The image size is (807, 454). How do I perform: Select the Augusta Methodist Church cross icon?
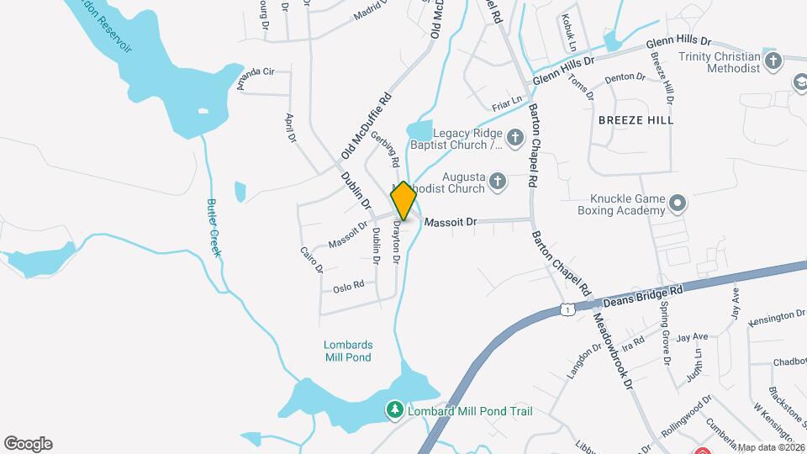pos(498,181)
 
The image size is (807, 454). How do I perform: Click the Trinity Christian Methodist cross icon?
pos(773,61)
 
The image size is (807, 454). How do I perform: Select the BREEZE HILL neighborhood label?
pos(636,121)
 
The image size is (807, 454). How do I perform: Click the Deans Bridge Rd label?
pos(642,294)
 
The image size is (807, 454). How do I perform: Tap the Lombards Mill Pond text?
pos(348,351)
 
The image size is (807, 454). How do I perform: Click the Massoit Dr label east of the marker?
pos(451,223)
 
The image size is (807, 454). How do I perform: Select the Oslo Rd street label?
pos(348,286)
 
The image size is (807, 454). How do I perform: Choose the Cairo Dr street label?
pos(311,259)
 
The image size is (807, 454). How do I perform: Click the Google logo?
pos(28,444)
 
